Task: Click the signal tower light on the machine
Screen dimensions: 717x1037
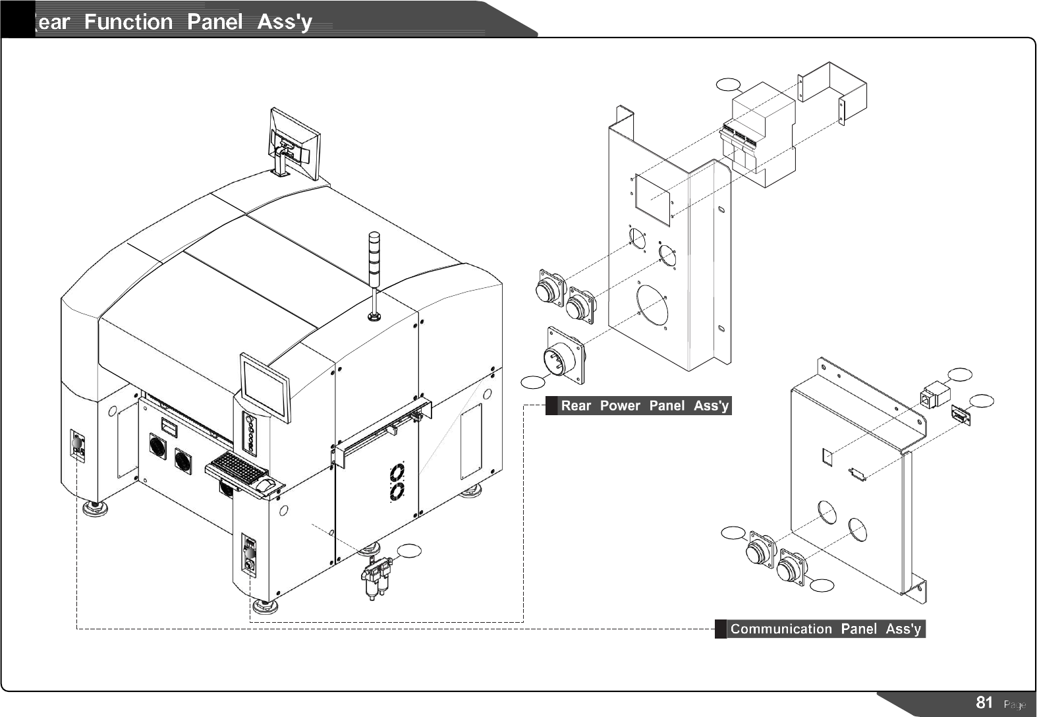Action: (x=374, y=254)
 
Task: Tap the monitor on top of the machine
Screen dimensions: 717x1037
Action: (x=294, y=144)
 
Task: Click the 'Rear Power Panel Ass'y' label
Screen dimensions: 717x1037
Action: (x=644, y=406)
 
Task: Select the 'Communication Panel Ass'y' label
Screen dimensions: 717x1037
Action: (x=825, y=629)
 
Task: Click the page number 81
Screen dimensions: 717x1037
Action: (x=984, y=703)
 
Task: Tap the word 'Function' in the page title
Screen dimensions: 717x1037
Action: (x=128, y=22)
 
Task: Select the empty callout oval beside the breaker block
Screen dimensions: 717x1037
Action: (x=729, y=84)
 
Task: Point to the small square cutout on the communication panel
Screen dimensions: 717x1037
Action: (x=828, y=455)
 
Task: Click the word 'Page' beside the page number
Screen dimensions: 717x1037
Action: (x=1014, y=704)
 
